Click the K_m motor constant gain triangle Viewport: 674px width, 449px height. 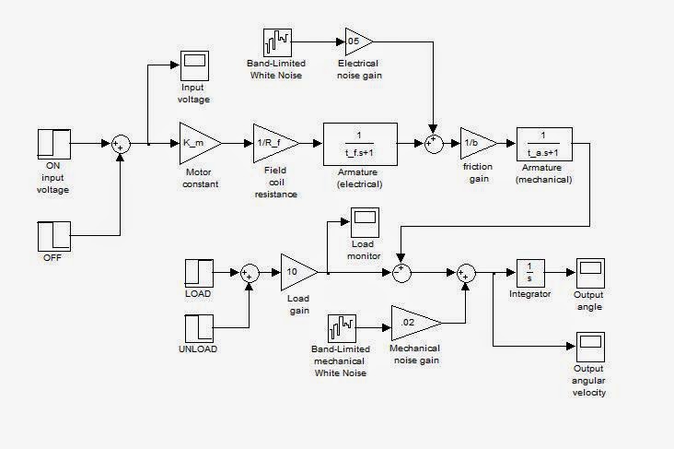pos(198,143)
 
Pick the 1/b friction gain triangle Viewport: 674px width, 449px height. pos(476,143)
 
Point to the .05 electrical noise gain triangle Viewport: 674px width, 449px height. pos(357,41)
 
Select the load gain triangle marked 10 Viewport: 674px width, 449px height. pos(296,271)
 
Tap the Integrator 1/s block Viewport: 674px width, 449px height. pos(530,273)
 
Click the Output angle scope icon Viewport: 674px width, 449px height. pos(588,272)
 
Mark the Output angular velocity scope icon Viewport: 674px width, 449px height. pos(588,345)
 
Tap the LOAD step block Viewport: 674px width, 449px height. pos(199,272)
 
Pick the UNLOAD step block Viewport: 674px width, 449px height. pos(199,328)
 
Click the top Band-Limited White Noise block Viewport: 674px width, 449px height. pos(278,41)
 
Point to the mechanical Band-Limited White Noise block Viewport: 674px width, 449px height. pos(342,328)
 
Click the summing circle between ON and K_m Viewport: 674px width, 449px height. pos(121,143)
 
